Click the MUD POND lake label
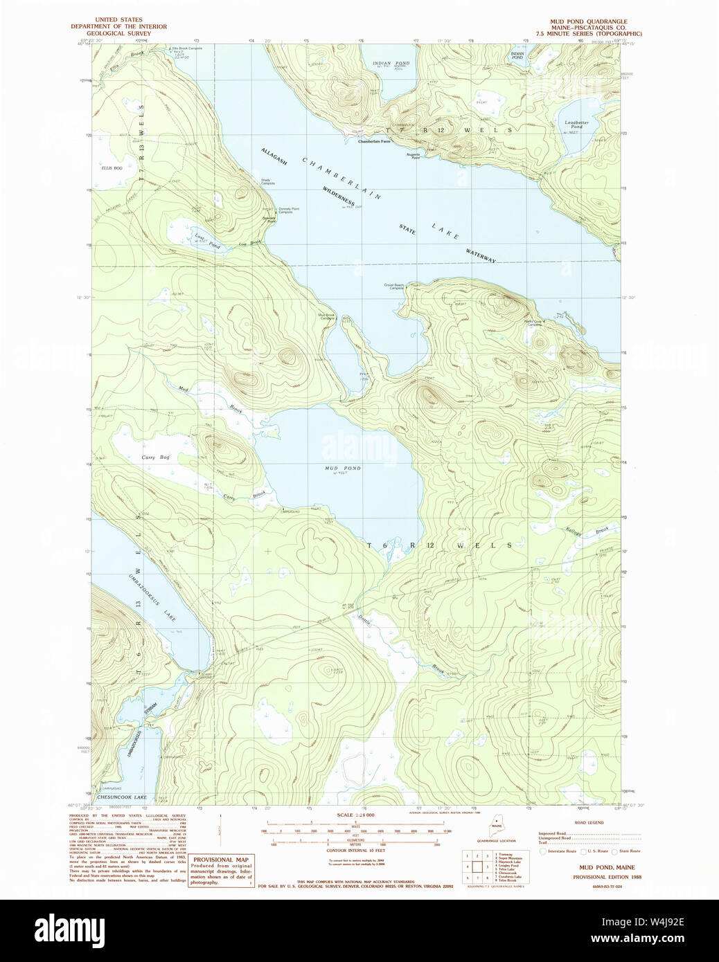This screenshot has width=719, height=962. (343, 469)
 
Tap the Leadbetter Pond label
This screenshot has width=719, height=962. (576, 125)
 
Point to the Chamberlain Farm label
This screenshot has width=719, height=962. (374, 141)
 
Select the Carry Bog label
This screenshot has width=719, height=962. (155, 457)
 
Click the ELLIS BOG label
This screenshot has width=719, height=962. (112, 167)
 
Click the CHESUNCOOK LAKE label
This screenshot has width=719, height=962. (122, 797)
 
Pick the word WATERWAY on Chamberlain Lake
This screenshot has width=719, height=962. (481, 255)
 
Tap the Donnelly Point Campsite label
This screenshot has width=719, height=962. (289, 210)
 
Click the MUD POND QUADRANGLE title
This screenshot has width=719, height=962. (588, 21)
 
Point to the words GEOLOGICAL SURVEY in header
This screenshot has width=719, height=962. (118, 33)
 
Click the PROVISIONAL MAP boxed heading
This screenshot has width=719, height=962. (220, 860)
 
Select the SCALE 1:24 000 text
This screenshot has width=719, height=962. (355, 815)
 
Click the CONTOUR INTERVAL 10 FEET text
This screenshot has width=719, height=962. (355, 850)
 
